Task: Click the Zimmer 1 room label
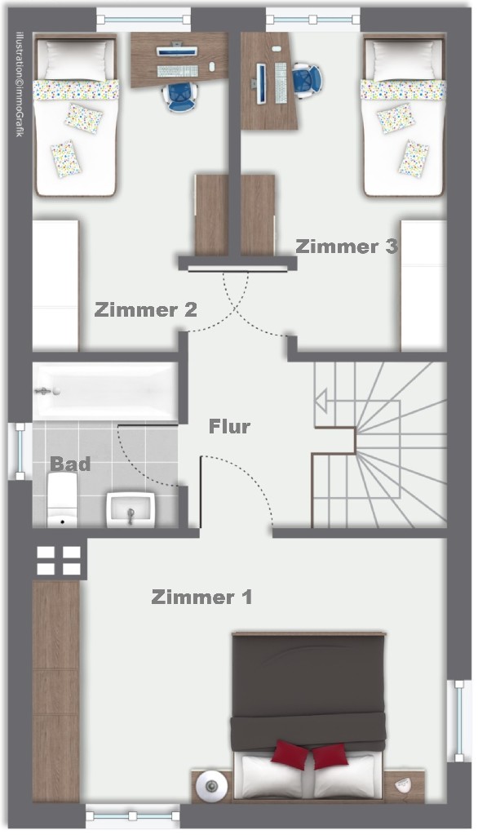[201, 597]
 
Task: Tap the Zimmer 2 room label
[145, 310]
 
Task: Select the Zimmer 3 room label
[346, 246]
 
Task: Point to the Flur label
[229, 426]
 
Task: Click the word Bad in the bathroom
[70, 464]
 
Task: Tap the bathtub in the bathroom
[104, 392]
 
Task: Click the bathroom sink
[131, 509]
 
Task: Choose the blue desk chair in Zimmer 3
[308, 80]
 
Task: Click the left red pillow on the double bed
[290, 756]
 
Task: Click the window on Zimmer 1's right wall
[461, 710]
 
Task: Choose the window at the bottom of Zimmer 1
[132, 814]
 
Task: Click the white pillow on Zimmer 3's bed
[402, 59]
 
